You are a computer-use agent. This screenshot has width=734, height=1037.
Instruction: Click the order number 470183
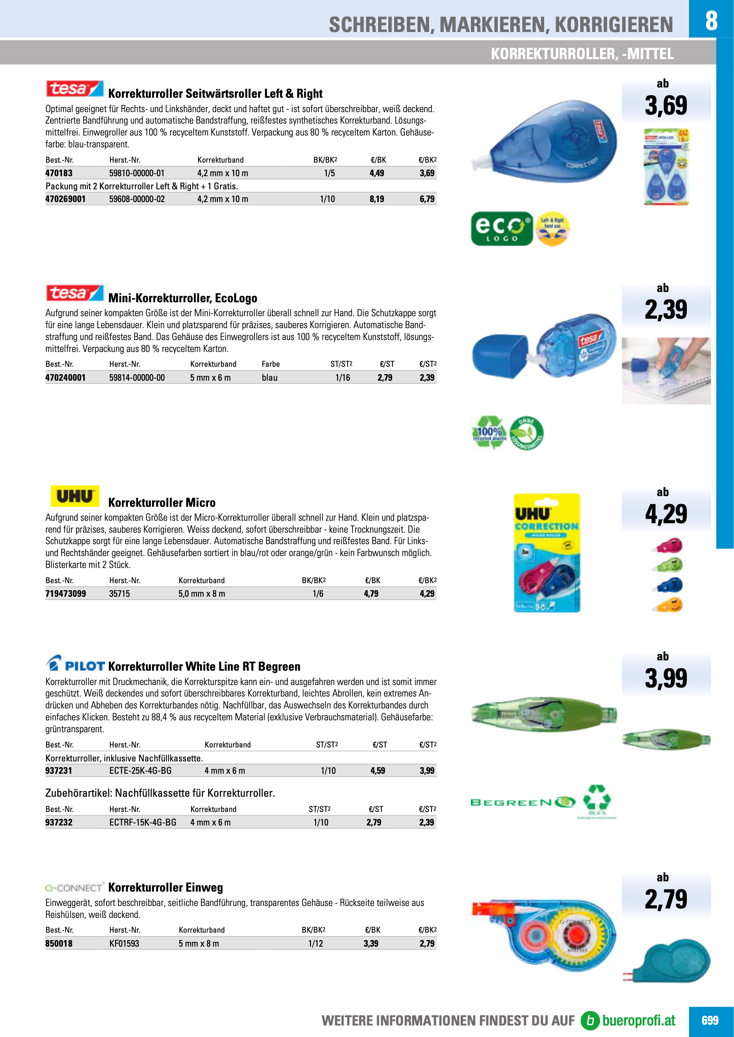click(59, 173)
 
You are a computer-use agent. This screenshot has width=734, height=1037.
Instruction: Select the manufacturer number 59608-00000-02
click(137, 199)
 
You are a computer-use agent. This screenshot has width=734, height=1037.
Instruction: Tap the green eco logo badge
click(502, 229)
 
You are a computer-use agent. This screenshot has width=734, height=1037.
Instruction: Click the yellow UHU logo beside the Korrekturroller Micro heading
click(75, 497)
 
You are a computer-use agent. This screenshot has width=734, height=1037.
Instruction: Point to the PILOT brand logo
click(75, 665)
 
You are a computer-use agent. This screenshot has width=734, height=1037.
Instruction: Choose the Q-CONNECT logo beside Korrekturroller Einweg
click(74, 888)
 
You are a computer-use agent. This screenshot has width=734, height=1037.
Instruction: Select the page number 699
click(710, 1020)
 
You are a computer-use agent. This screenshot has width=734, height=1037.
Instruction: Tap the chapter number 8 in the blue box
click(711, 20)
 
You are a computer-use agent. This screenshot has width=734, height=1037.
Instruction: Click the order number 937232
click(59, 823)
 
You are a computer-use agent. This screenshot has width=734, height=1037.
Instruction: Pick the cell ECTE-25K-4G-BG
click(140, 770)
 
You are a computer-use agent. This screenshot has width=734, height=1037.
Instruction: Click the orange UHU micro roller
click(667, 605)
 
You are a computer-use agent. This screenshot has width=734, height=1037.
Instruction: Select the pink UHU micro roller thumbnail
click(667, 545)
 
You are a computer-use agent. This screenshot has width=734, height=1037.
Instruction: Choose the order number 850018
click(59, 943)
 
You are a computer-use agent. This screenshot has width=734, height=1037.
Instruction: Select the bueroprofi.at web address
click(638, 1020)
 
